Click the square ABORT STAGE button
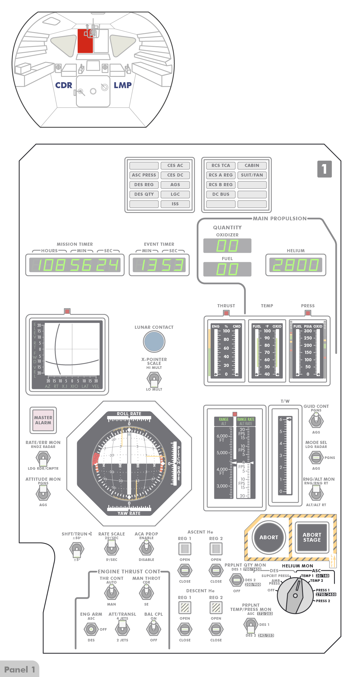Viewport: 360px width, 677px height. point(312,537)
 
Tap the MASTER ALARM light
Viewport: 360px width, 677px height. point(43,420)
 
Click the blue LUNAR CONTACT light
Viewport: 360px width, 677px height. point(154,341)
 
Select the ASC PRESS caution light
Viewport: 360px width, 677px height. point(144,175)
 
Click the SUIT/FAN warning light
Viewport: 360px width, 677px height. point(252,175)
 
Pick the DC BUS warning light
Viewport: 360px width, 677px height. point(221,194)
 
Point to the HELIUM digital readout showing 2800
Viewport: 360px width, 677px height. point(296,265)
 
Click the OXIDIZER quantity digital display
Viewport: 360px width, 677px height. point(227,245)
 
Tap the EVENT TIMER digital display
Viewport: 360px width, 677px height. point(159,265)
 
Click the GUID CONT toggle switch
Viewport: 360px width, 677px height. point(316,421)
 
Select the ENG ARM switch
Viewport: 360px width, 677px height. point(91,629)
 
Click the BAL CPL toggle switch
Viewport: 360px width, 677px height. point(154,629)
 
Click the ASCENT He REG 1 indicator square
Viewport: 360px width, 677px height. point(185,549)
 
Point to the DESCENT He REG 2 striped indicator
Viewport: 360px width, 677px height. point(216,608)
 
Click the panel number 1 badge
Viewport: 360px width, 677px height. point(324,169)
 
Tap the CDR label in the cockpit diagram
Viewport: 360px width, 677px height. point(64,85)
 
